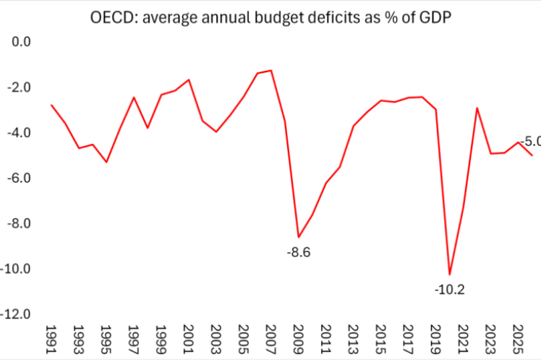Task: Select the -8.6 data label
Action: click(x=299, y=252)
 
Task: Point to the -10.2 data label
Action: click(x=450, y=290)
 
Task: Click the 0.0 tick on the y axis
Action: click(x=21, y=42)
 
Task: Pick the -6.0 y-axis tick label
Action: click(x=19, y=179)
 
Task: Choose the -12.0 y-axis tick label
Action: click(x=15, y=314)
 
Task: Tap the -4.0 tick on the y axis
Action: click(x=19, y=133)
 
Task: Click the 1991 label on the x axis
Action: click(x=51, y=339)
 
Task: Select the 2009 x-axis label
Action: click(x=299, y=339)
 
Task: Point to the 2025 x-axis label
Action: click(x=517, y=339)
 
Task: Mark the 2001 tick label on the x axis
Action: click(x=188, y=339)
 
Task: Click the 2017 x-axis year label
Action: click(x=408, y=339)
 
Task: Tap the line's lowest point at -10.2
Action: click(x=450, y=275)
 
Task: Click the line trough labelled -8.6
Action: click(x=299, y=237)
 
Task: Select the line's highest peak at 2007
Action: click(x=271, y=71)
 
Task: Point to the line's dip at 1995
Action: click(x=106, y=162)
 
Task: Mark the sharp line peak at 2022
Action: click(x=477, y=108)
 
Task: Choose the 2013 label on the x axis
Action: click(x=353, y=339)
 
